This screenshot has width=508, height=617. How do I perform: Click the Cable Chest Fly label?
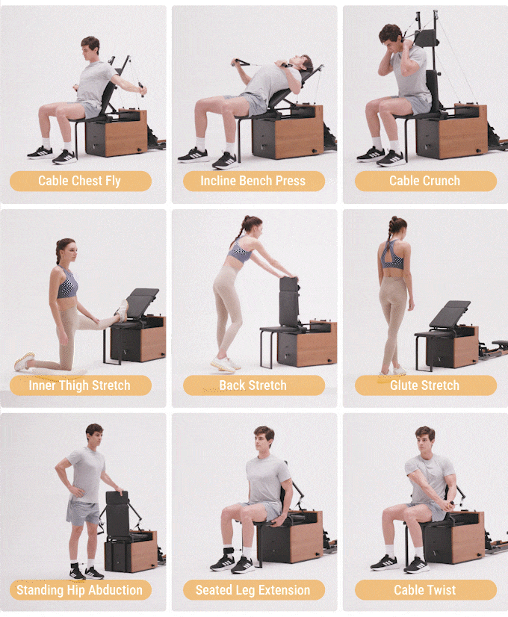tap(80, 181)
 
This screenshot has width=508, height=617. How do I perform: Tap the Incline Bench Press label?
tap(253, 181)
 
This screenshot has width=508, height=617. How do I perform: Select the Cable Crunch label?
tap(425, 181)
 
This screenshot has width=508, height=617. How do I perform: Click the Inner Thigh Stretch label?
tap(80, 385)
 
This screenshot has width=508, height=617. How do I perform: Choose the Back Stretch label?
tap(253, 385)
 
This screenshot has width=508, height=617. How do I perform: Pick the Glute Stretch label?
tap(425, 385)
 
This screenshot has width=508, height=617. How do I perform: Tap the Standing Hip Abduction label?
tap(80, 590)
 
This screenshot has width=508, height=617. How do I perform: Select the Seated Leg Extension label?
tap(253, 590)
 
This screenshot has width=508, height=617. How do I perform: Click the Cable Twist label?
tap(425, 590)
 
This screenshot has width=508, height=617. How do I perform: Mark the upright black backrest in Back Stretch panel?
tap(289, 301)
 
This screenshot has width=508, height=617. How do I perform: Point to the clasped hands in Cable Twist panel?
tap(449, 503)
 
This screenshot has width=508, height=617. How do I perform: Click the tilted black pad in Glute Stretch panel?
tap(450, 314)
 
